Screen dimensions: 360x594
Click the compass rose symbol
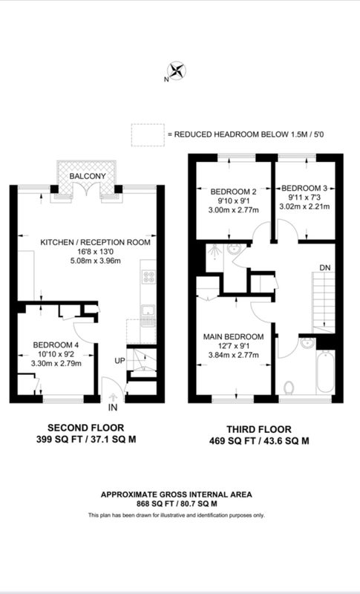[177, 71]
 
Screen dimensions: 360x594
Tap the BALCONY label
[88, 177]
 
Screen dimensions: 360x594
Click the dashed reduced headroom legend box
[148, 135]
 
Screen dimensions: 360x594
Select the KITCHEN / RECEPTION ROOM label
[96, 243]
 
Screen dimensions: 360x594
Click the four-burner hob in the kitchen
[148, 276]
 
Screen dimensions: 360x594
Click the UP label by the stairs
[120, 361]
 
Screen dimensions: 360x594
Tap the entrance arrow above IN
[113, 397]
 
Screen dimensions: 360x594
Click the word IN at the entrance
[113, 408]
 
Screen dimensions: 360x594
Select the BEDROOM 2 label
[231, 192]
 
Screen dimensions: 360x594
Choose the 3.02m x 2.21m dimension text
[305, 206]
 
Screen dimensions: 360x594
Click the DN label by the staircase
[325, 267]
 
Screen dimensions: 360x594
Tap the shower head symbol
[215, 250]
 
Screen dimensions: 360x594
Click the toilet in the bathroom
[289, 388]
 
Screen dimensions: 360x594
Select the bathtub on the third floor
[326, 372]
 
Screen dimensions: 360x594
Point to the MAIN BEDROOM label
[234, 337]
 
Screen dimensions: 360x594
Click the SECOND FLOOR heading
[86, 428]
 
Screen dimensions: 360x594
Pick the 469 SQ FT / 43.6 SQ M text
[259, 441]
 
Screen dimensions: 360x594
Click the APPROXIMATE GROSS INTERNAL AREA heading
[177, 495]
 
